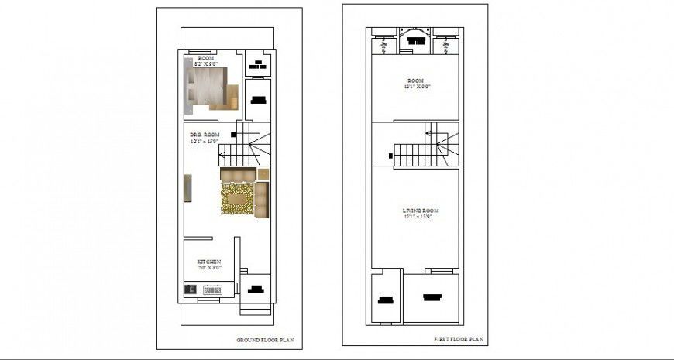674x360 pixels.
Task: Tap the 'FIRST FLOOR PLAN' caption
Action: tap(458, 339)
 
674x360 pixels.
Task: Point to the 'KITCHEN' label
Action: tap(209, 262)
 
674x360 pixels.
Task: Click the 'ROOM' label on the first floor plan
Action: tap(418, 80)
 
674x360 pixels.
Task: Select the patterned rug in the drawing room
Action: tap(237, 200)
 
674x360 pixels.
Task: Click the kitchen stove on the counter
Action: tap(212, 290)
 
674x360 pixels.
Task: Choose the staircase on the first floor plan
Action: tap(422, 148)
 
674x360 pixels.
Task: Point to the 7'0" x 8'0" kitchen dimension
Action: tap(209, 268)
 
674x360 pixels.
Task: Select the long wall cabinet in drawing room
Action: tap(187, 188)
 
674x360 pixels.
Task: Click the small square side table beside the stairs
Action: tap(263, 173)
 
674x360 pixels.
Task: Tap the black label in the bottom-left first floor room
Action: tap(385, 300)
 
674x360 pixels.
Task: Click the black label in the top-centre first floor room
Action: tap(417, 42)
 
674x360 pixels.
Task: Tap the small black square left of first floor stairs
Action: tap(390, 156)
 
